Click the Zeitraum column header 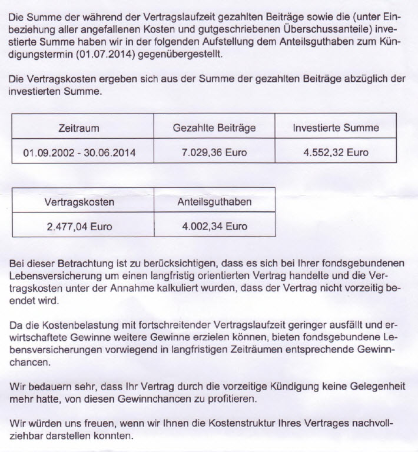point(79,128)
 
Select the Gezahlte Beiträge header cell point(214,128)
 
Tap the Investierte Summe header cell point(336,128)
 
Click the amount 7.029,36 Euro point(214,152)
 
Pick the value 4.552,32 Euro point(336,152)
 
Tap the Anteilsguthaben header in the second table point(214,202)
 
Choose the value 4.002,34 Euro point(214,226)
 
